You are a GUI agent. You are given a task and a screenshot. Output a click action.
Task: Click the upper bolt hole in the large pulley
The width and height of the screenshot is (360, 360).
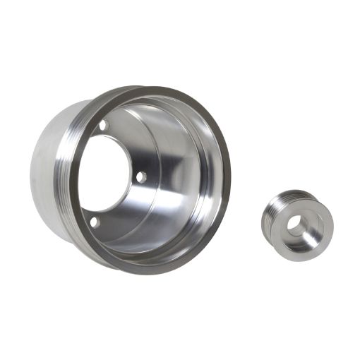click(x=103, y=126)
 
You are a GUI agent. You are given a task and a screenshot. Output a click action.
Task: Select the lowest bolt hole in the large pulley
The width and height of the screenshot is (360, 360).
click(x=94, y=222)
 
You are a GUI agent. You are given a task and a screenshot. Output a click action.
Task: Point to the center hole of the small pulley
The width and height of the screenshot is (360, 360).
click(x=297, y=227)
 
